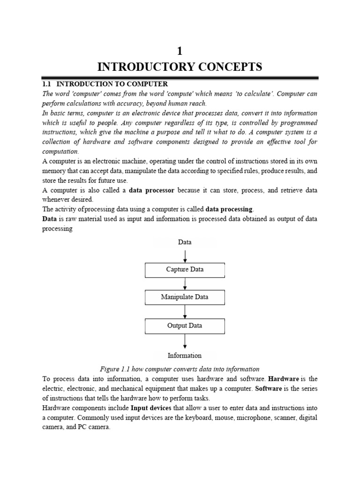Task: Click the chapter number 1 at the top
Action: pos(180,52)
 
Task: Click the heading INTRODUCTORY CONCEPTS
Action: pos(180,67)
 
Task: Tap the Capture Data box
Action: pos(185,270)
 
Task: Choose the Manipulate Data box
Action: pos(185,297)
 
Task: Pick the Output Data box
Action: pos(185,325)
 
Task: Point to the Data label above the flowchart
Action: pos(185,242)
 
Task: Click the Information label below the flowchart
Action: pos(185,355)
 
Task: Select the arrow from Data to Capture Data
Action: pos(186,255)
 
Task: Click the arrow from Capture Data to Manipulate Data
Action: pos(186,284)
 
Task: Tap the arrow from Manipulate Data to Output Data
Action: pos(186,312)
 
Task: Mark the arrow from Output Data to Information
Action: pos(186,340)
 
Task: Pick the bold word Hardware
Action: pos(283,378)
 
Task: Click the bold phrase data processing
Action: pos(229,209)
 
